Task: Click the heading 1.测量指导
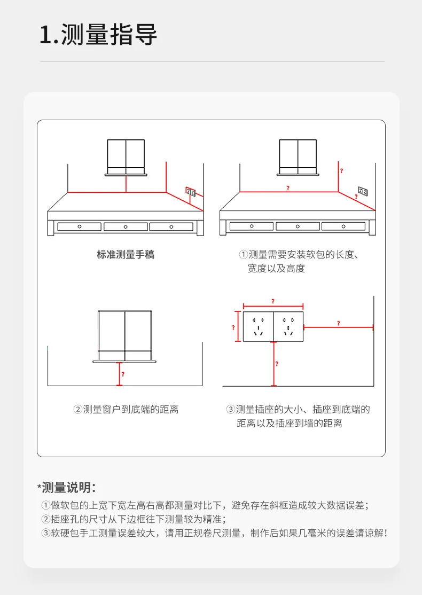[x=99, y=36]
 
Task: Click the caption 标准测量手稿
[x=126, y=255]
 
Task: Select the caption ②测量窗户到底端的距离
[x=126, y=410]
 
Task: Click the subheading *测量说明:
[x=67, y=487]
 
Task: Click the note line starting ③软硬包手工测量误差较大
[x=214, y=533]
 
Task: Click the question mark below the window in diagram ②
[x=123, y=374]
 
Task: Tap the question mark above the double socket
[x=273, y=301]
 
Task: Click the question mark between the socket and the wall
[x=338, y=323]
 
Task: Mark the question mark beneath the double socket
[x=277, y=364]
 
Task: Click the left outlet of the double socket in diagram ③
[x=259, y=327]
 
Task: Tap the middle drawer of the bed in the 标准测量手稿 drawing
[x=126, y=226]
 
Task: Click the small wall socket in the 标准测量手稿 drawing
[x=190, y=191]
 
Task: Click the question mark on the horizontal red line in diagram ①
[x=288, y=188]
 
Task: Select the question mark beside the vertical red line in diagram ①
[x=341, y=170]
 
